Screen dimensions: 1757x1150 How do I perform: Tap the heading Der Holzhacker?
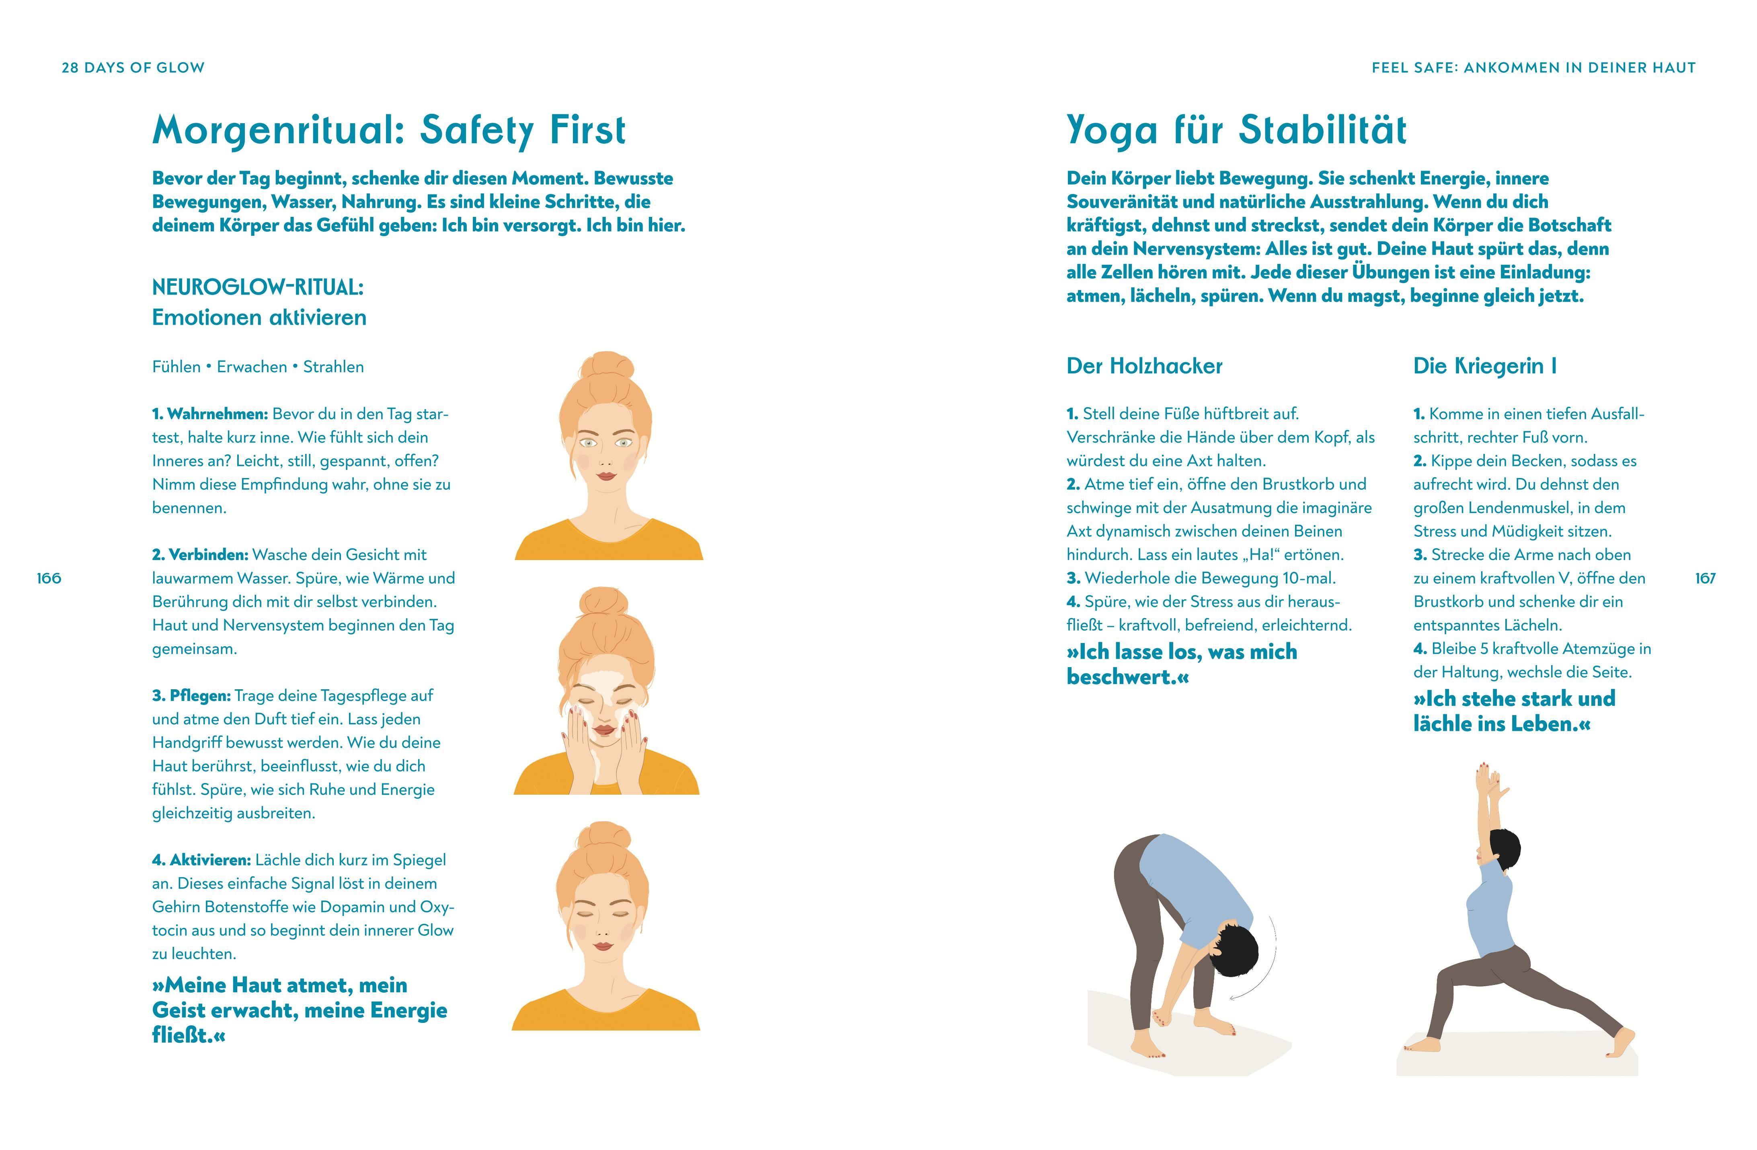coord(1144,366)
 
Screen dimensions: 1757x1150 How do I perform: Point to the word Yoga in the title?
coord(1112,132)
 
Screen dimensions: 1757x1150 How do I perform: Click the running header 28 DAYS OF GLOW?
coord(133,68)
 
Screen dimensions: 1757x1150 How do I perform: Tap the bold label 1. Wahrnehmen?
coord(209,414)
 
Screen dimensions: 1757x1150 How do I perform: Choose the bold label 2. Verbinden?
coord(200,555)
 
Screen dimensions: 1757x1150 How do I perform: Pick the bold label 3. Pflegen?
coord(191,696)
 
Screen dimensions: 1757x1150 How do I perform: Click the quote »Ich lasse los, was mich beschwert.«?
coord(1181,664)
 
